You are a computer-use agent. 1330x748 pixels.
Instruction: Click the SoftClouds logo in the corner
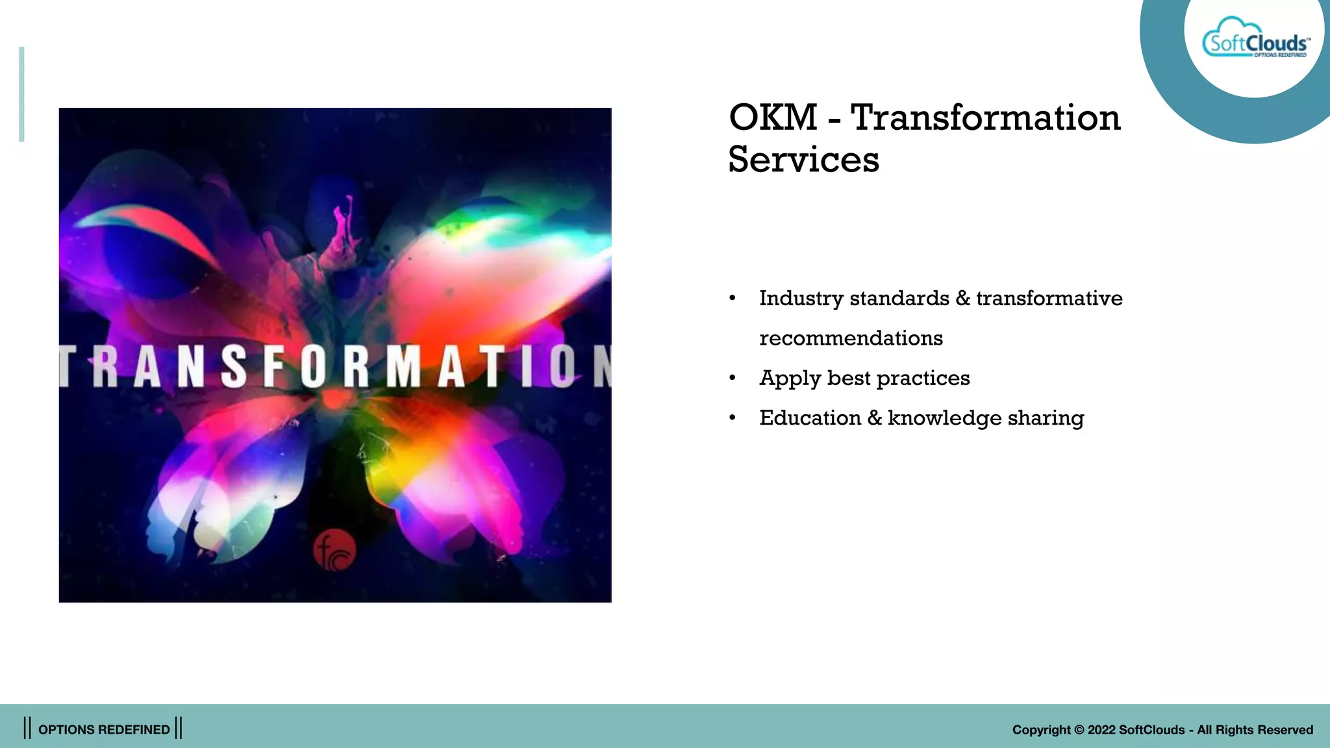click(x=1255, y=40)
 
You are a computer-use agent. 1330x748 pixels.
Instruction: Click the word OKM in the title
click(x=773, y=118)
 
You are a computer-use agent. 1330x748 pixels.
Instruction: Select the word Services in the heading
click(x=803, y=160)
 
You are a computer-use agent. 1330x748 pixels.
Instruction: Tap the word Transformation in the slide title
click(x=985, y=118)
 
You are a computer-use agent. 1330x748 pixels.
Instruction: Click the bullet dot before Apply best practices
click(x=733, y=378)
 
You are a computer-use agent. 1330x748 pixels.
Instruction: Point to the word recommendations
click(x=851, y=338)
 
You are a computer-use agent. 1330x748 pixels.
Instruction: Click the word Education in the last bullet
click(x=810, y=418)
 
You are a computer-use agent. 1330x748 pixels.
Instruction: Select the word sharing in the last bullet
click(x=1046, y=419)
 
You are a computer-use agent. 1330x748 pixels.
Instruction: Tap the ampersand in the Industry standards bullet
click(x=962, y=298)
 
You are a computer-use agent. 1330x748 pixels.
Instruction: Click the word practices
click(x=923, y=378)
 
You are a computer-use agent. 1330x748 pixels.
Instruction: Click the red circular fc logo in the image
click(x=334, y=550)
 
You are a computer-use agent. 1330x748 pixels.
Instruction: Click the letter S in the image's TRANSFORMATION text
click(x=234, y=366)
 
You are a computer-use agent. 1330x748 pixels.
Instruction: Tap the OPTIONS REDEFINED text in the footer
click(x=104, y=730)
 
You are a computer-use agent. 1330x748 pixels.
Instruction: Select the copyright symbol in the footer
click(x=1079, y=730)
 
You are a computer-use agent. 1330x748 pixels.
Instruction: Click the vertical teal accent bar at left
click(x=21, y=94)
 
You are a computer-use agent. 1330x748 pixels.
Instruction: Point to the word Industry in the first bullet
click(x=801, y=298)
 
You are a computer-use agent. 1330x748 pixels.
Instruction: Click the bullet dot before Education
click(x=733, y=418)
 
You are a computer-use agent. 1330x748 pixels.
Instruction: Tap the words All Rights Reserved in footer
click(x=1255, y=730)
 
